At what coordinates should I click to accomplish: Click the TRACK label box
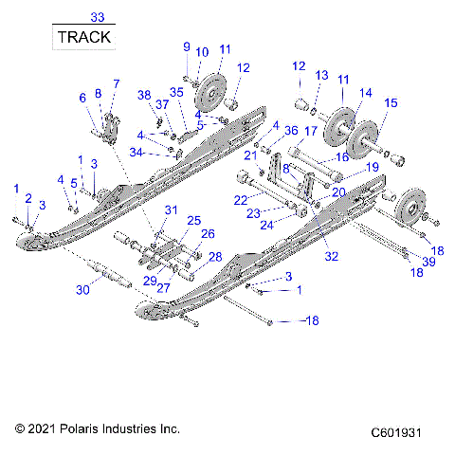(83, 37)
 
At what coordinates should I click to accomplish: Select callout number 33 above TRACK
(97, 17)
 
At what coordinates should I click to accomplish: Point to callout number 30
(82, 291)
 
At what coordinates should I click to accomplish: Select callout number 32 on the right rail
(331, 255)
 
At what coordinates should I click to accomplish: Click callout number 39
(428, 262)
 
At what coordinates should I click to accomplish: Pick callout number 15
(391, 102)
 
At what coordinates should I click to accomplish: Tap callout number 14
(366, 93)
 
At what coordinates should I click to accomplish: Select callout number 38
(144, 95)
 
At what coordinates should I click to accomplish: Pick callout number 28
(215, 257)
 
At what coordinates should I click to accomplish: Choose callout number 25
(194, 220)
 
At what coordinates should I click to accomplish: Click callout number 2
(28, 198)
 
